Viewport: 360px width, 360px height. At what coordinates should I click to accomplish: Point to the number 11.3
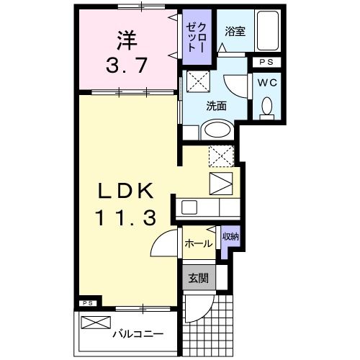click(126, 217)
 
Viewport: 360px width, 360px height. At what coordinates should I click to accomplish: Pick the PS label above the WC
click(266, 63)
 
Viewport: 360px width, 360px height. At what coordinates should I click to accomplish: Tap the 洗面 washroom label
click(216, 105)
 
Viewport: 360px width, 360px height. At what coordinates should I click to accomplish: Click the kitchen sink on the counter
click(189, 207)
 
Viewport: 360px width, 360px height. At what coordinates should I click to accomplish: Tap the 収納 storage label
click(230, 237)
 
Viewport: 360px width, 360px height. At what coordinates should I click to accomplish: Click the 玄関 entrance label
click(197, 277)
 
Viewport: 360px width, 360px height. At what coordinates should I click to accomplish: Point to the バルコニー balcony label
click(137, 334)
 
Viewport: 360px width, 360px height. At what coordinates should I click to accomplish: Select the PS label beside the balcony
click(86, 302)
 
